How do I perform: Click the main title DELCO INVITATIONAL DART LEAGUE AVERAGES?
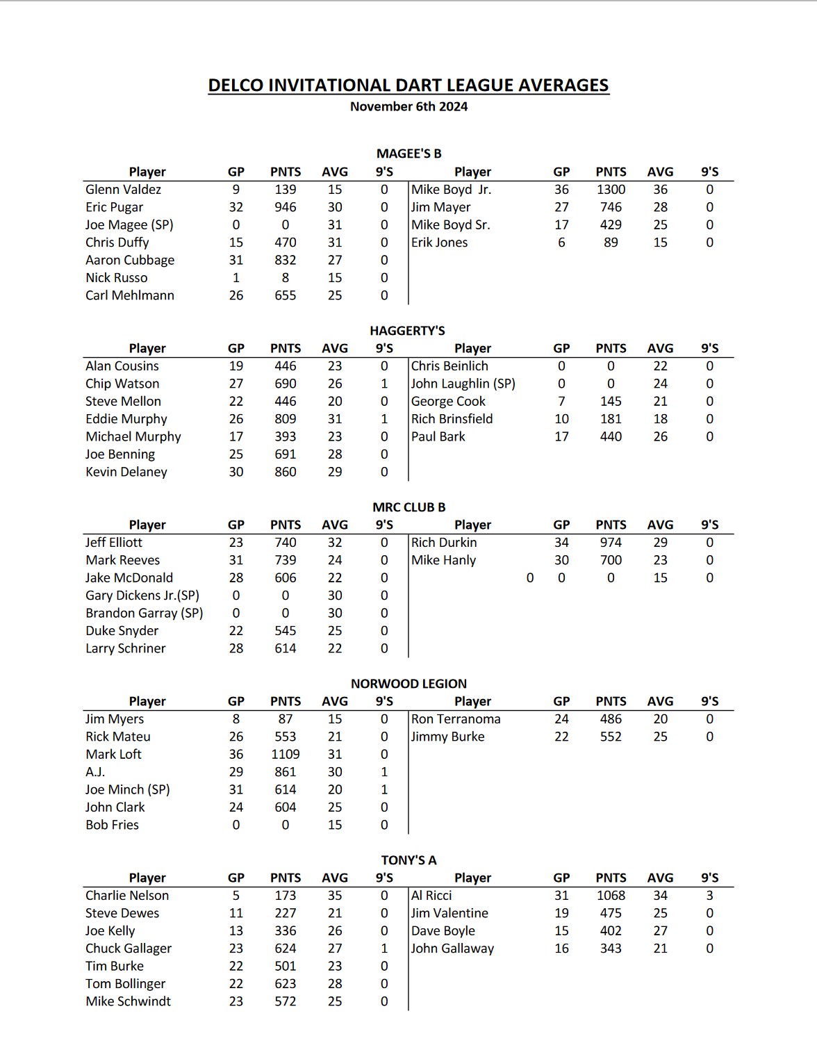click(x=408, y=85)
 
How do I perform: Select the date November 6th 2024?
click(x=408, y=106)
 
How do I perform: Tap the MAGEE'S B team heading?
click(x=408, y=154)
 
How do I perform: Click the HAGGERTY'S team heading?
click(x=407, y=331)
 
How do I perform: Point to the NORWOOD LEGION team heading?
click(x=408, y=684)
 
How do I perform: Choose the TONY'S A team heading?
click(x=408, y=860)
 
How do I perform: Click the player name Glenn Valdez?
click(x=123, y=190)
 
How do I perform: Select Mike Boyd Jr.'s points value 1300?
click(x=611, y=190)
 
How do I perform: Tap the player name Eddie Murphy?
click(x=126, y=419)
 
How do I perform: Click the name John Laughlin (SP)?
click(x=463, y=384)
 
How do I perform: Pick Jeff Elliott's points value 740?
click(x=285, y=543)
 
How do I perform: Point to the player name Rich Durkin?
click(x=444, y=543)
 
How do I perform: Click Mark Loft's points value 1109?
click(x=285, y=755)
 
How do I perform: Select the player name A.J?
click(x=95, y=772)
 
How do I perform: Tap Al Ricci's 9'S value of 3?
click(x=709, y=896)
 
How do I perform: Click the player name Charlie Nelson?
click(x=127, y=896)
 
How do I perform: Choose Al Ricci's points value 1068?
click(x=611, y=896)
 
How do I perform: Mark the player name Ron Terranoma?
click(x=456, y=719)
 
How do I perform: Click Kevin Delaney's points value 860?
click(x=285, y=472)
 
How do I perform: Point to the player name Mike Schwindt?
click(x=128, y=1001)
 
